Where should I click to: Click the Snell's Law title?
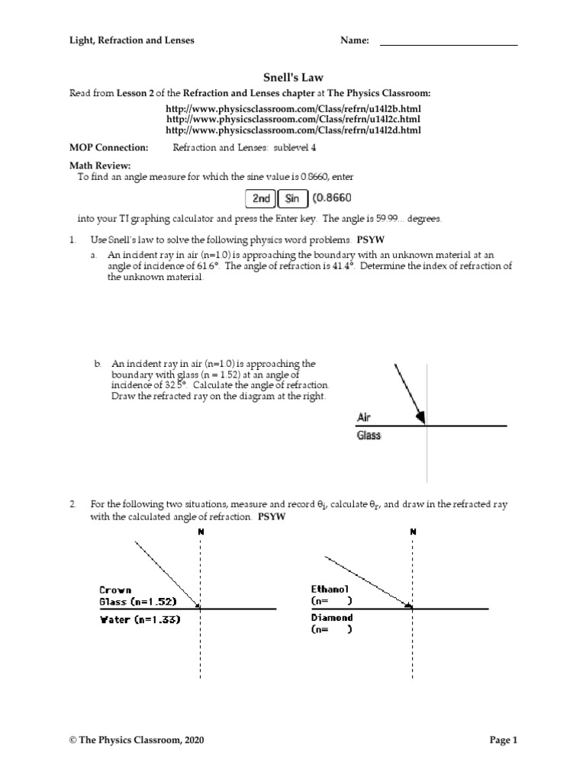tap(292, 77)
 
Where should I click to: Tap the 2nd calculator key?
tap(261, 199)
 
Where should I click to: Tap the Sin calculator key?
tap(291, 199)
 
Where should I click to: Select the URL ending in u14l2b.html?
tap(292, 108)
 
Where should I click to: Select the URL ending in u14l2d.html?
tap(292, 131)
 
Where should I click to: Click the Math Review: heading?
tap(101, 166)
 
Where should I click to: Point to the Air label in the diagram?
tap(364, 418)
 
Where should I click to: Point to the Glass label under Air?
tap(369, 435)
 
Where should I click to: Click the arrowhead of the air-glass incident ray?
tap(420, 417)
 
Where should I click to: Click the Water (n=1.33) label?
tap(140, 620)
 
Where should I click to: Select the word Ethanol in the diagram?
tap(330, 589)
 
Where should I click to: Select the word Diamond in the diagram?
tap(330, 618)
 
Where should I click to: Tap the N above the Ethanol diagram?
tap(413, 532)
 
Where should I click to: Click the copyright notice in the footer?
tap(137, 740)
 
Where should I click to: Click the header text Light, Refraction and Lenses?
tap(132, 40)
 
